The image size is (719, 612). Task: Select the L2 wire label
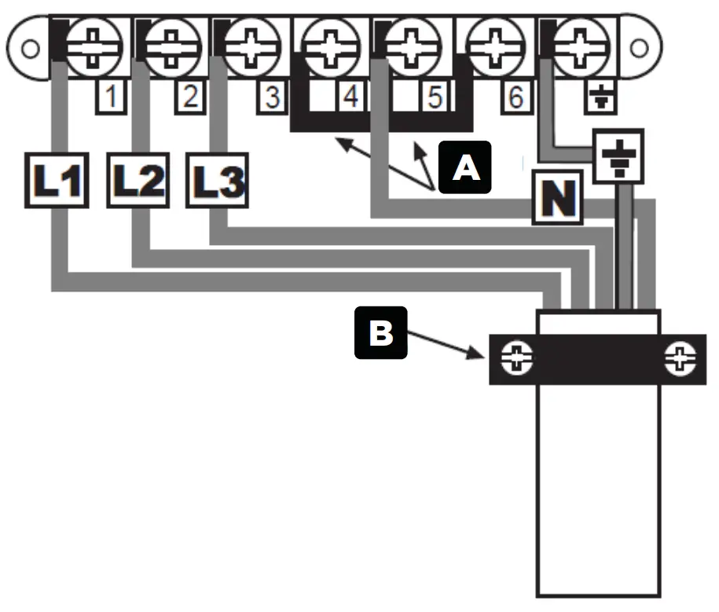[137, 182]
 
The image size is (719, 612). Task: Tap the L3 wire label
[217, 182]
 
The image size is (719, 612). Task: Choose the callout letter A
[465, 167]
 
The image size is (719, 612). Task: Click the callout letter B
[381, 333]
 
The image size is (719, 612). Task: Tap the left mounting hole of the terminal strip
[28, 49]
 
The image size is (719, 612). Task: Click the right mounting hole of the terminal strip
[638, 49]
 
